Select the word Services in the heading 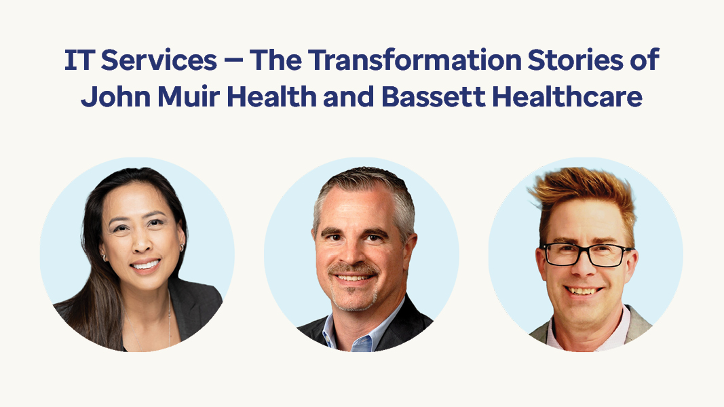point(159,60)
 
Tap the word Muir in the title point(189,97)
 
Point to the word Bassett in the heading point(433,97)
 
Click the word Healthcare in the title point(567,97)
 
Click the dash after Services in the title point(233,61)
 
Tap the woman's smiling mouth point(145,265)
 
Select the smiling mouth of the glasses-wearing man point(583,291)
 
